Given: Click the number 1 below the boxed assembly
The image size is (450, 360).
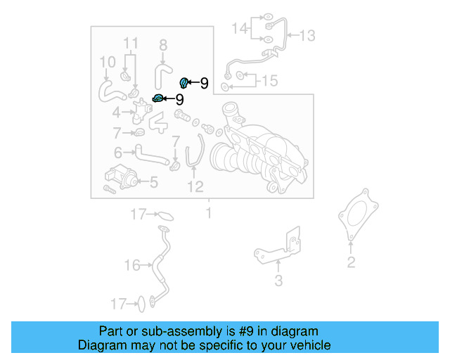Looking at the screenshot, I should coord(208,211).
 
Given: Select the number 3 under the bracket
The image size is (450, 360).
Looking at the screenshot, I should coord(278,281).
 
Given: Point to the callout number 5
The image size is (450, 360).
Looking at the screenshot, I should coord(153,183).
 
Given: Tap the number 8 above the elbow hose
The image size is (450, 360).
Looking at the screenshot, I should coord(163,46).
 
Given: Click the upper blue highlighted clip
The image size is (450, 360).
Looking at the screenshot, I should coord(185,83).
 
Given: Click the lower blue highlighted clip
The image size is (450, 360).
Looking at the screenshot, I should coord(159,98).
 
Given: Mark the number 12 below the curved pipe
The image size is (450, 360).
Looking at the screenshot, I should coord(195,186).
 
